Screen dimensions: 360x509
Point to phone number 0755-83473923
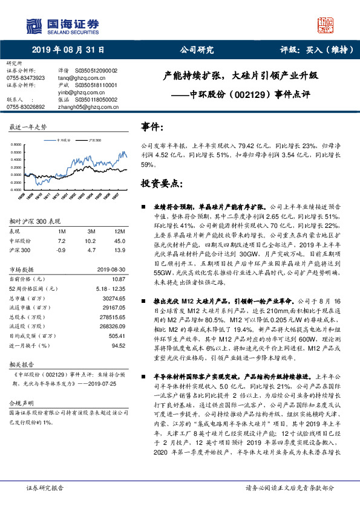coord(25,78)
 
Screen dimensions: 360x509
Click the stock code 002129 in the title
coord(234,94)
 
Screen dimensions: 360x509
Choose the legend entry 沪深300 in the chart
coord(94,139)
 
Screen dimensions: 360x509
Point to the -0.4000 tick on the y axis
coord(16,189)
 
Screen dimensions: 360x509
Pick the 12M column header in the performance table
coord(120,232)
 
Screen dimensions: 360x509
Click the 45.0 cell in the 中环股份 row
coord(120,241)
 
